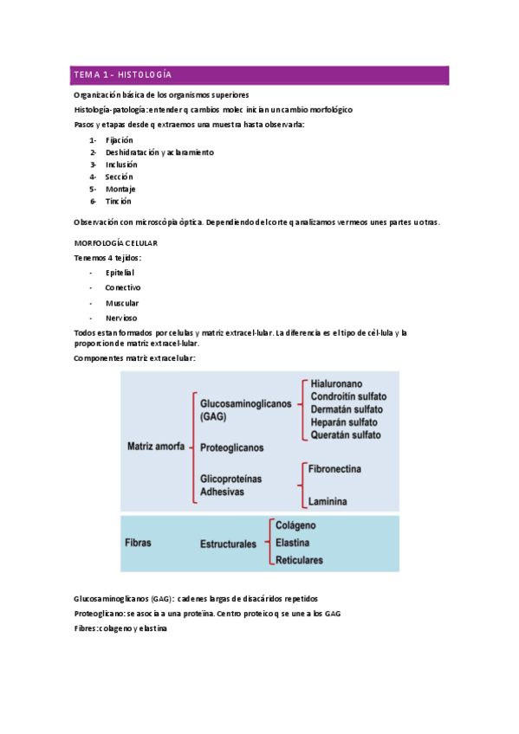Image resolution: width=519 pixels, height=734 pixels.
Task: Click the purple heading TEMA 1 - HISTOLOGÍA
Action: (x=122, y=74)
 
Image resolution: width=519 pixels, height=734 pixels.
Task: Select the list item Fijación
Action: (x=119, y=139)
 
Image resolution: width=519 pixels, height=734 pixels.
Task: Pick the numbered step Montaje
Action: (x=120, y=189)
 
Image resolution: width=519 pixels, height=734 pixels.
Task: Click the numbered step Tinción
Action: (x=119, y=201)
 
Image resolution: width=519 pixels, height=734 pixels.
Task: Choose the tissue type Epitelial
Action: (x=120, y=272)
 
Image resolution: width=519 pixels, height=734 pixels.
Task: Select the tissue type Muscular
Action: (x=122, y=303)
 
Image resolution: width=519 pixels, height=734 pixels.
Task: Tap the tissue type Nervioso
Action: (x=121, y=318)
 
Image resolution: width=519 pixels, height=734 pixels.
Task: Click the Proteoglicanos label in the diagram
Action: (x=231, y=447)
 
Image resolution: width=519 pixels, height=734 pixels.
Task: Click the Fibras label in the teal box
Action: (x=138, y=544)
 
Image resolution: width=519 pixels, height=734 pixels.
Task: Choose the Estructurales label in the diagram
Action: (x=228, y=544)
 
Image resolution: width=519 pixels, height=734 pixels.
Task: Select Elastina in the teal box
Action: (x=295, y=543)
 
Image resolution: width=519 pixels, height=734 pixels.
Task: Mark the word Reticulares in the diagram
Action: (x=299, y=560)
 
